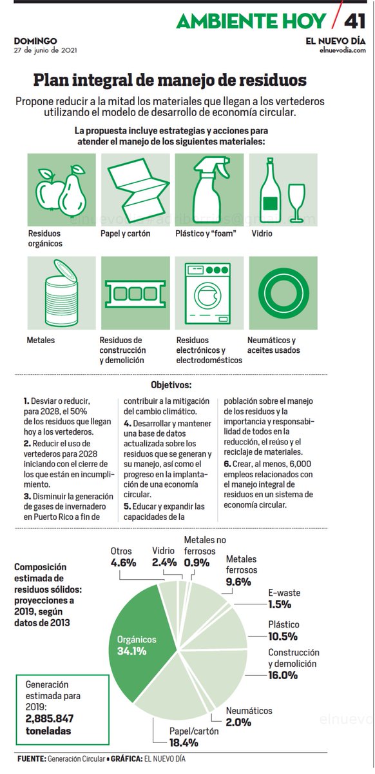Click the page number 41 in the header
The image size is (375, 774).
click(x=355, y=21)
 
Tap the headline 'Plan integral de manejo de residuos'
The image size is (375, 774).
click(x=170, y=81)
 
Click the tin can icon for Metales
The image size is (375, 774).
click(x=61, y=293)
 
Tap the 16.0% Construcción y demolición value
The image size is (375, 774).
click(x=283, y=675)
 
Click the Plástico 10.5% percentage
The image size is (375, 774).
click(x=284, y=636)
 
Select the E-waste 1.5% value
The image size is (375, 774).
click(x=280, y=604)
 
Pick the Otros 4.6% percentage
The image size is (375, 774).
click(x=124, y=562)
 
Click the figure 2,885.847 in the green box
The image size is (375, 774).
click(x=50, y=718)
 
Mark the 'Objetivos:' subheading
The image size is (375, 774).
click(x=171, y=384)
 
